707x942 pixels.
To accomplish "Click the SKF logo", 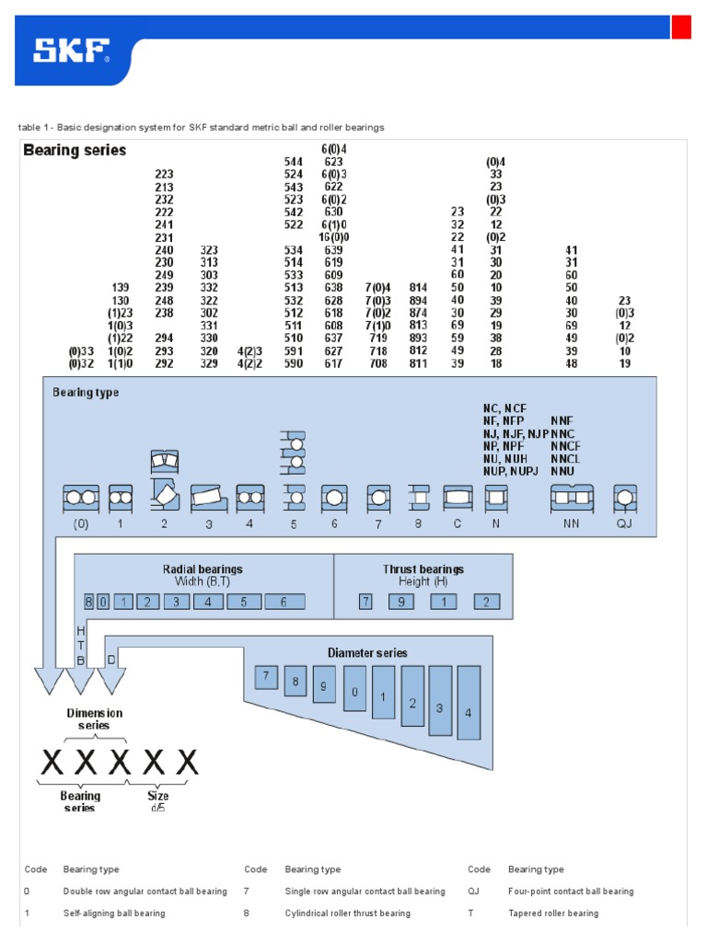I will point(72,51).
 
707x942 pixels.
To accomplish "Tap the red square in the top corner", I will point(681,28).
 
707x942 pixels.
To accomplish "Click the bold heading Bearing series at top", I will point(75,150).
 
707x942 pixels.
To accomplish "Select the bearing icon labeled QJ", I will point(626,499).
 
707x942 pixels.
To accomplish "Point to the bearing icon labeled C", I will point(458,499).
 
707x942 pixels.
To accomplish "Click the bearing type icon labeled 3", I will point(209,499).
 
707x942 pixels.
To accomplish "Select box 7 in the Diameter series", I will point(266,677).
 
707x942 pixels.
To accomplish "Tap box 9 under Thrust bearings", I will point(402,602).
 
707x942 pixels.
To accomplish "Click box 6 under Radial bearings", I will point(284,602).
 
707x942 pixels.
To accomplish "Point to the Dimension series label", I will point(95,718).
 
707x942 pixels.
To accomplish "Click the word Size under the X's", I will point(158,796).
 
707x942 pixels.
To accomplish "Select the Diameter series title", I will point(367,652).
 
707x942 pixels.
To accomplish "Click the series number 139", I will point(121,287).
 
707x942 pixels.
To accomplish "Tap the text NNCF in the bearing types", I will point(566,446).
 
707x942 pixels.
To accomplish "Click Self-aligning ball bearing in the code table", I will point(114,913).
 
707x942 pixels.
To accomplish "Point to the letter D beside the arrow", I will point(111,659).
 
